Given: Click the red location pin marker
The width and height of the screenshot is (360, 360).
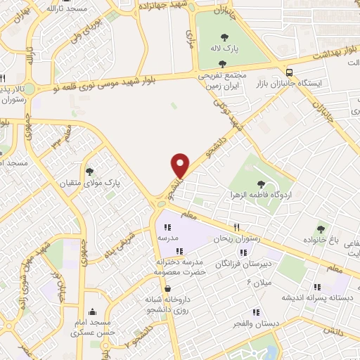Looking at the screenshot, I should (181, 165).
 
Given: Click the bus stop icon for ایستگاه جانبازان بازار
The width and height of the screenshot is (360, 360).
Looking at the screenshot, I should (289, 72).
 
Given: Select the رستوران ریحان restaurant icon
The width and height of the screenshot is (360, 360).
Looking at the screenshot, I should (237, 227).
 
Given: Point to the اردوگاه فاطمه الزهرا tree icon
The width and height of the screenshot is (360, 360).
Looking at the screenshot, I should (261, 184).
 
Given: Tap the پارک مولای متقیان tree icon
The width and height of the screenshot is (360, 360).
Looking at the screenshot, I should (89, 171).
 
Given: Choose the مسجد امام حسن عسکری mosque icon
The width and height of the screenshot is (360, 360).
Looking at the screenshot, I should (92, 312).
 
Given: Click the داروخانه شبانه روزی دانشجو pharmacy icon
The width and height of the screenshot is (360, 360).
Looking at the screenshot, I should (167, 288).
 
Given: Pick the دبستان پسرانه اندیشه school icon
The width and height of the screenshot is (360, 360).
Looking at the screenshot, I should (316, 287).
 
